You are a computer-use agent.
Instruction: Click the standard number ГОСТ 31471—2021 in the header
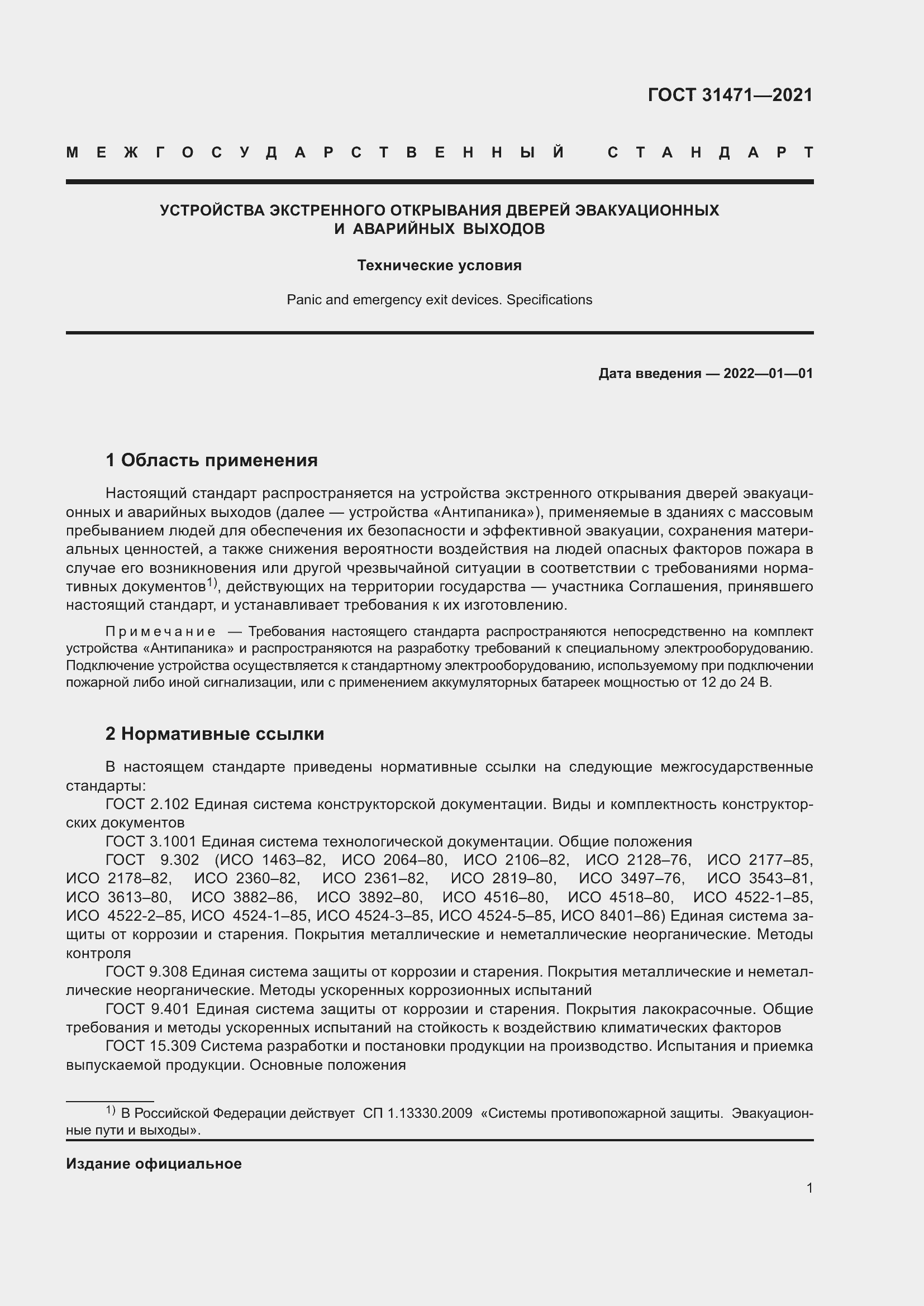[730, 94]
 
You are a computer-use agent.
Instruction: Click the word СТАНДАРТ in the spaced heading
[710, 152]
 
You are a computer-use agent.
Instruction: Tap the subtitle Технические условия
[439, 265]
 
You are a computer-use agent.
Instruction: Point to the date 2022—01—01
[768, 374]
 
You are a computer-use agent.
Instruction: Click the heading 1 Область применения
[212, 460]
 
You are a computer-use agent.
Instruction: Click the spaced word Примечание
[160, 632]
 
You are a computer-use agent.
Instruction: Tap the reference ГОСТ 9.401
[149, 1008]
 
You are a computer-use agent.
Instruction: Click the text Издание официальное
[154, 1164]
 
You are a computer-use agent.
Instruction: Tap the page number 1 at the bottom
[809, 1188]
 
